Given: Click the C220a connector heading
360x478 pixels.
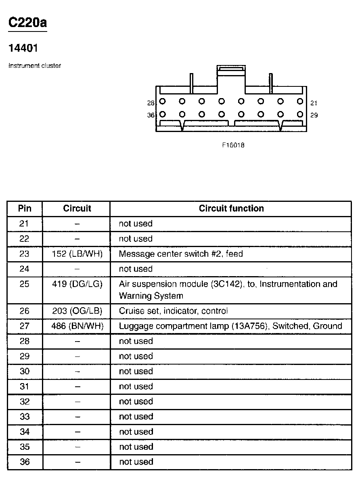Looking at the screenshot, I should [27, 23].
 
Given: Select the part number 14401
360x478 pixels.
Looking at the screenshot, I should [23, 48].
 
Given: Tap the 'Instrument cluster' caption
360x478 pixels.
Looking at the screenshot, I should [35, 66].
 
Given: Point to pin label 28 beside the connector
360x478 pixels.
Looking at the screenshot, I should [151, 103].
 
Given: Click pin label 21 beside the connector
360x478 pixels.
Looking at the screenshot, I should [314, 103].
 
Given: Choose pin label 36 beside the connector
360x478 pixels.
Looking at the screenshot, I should [151, 115].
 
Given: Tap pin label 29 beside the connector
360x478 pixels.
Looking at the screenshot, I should [314, 115].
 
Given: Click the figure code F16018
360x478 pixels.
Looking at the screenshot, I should [233, 145].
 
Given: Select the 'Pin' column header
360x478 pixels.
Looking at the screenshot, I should [25, 209].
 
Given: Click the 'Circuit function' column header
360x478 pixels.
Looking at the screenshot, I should [231, 209].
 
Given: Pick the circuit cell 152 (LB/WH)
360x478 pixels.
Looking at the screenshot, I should [77, 254].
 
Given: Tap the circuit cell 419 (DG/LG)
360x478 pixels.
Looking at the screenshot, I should [77, 284].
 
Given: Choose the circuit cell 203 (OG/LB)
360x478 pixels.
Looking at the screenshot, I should [77, 311].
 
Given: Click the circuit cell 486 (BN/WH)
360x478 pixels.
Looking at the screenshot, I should [77, 326].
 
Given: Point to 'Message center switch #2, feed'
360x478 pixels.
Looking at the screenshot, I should [181, 254].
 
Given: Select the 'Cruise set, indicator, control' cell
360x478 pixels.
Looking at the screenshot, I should [173, 311].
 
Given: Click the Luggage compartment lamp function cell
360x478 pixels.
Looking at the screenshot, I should [230, 326].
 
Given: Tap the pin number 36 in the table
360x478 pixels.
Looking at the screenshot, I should [25, 462].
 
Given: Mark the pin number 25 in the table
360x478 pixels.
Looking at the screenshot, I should [25, 284].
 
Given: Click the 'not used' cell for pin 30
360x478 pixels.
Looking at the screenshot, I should [136, 371].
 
